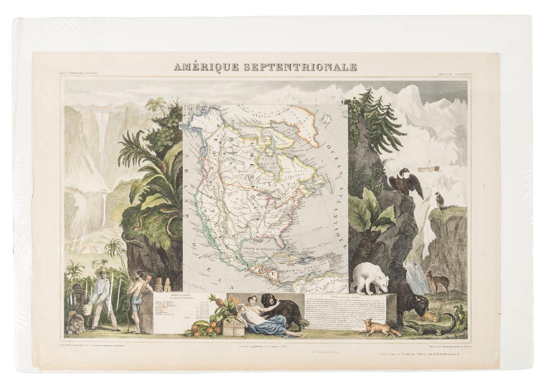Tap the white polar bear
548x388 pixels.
coord(373,277)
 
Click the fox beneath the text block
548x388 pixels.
coord(378,327)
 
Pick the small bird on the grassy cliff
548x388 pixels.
coord(438,200)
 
